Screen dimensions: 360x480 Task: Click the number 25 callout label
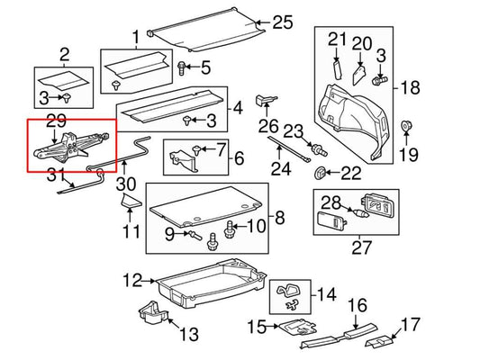283,22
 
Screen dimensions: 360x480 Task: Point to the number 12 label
132,281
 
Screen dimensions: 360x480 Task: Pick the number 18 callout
410,87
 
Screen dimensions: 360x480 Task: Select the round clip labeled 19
405,126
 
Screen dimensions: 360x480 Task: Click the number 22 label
350,172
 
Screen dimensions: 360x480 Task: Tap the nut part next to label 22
321,171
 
